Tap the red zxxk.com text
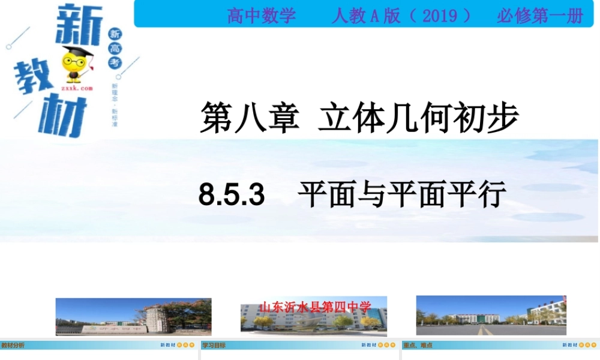pos(77,88)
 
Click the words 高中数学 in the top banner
pos(262,16)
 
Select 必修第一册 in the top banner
pos(539,16)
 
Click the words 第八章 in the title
pos(249,117)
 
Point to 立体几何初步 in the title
pos(418,117)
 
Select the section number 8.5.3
pos(232,195)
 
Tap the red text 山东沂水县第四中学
pos(315,307)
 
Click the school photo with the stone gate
pos(133,316)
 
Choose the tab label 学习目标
pos(213,346)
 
